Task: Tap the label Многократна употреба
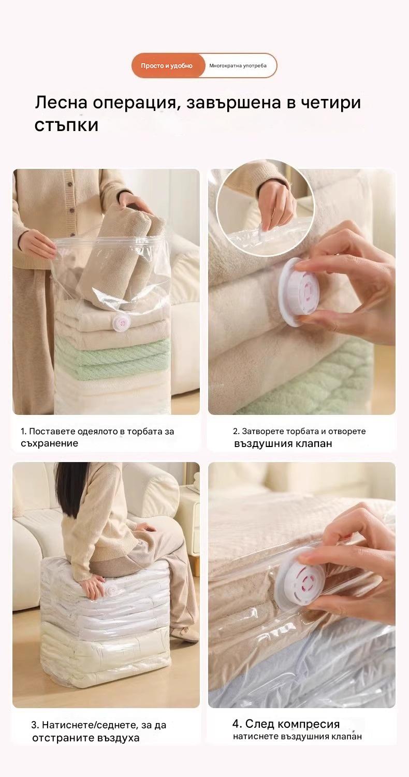238,66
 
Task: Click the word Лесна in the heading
61,103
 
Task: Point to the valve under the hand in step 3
112,590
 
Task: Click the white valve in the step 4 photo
298,580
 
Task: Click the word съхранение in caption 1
49,443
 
